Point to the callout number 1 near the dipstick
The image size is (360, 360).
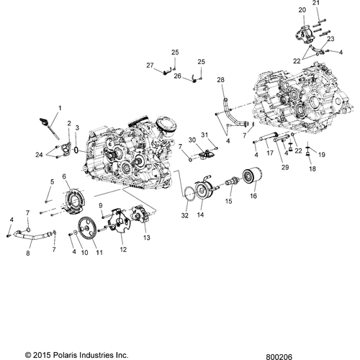point(59,108)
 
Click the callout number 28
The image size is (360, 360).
point(220,80)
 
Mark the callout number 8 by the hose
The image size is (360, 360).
point(28,253)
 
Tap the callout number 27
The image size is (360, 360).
point(150,66)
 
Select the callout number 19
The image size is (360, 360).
point(322,155)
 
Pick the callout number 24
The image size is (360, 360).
point(38,154)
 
